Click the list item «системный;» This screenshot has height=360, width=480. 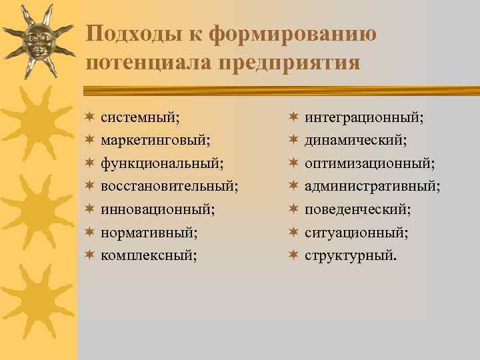click(139, 117)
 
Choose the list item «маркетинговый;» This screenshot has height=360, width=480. click(155, 141)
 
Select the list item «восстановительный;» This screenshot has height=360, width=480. click(170, 186)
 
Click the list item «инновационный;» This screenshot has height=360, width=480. click(158, 209)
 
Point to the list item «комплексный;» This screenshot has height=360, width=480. click(149, 255)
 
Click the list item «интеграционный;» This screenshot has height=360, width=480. click(364, 117)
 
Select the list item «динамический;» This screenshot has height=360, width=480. click(356, 141)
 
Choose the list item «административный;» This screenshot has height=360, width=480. click(373, 186)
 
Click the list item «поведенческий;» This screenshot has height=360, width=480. click(358, 209)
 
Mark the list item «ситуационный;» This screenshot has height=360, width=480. click(357, 232)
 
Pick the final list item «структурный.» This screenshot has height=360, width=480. click(351, 255)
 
